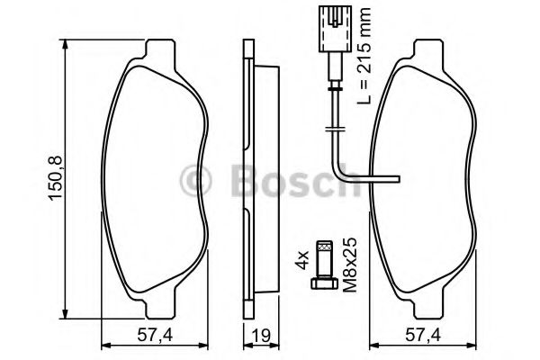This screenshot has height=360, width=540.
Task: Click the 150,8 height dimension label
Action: [56, 178]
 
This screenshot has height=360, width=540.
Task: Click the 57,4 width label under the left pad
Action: [155, 336]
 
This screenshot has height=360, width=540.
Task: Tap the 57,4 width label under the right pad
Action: [423, 336]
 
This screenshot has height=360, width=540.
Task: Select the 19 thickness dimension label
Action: [262, 336]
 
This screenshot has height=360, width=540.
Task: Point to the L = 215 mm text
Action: [364, 57]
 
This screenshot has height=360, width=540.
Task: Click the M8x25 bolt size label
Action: [351, 265]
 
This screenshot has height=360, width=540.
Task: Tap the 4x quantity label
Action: [301, 261]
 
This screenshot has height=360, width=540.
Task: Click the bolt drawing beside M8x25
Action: [324, 265]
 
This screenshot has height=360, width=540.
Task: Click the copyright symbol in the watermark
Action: [195, 181]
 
